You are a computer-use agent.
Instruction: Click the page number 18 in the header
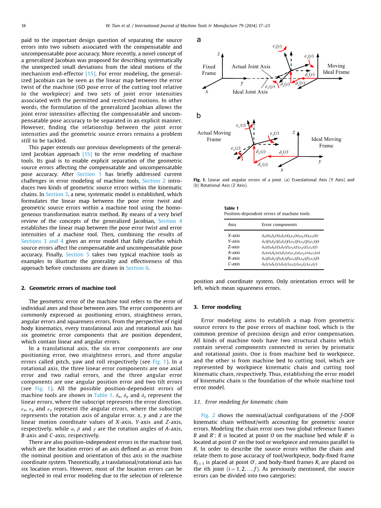[x=23, y=26]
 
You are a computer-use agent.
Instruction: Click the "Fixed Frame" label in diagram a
[x=209, y=70]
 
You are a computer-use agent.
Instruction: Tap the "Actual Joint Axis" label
[x=251, y=67]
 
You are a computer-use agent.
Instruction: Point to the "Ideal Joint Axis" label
[x=250, y=92]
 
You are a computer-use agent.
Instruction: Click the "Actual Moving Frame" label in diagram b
[x=214, y=136]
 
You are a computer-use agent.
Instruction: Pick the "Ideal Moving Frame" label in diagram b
[x=326, y=142]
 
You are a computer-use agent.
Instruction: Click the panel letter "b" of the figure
[x=199, y=116]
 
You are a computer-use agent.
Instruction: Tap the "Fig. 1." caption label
[x=199, y=180]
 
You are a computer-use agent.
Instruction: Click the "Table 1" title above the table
[x=231, y=208]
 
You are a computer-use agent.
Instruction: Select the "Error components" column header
[x=279, y=225]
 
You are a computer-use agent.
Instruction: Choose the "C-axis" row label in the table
[x=234, y=264]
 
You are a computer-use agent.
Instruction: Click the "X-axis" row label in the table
[x=234, y=235]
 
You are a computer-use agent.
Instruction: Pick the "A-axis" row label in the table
[x=234, y=253]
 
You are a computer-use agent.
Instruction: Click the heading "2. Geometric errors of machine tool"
[x=68, y=288]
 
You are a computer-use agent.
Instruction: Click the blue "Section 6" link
[x=135, y=268]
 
